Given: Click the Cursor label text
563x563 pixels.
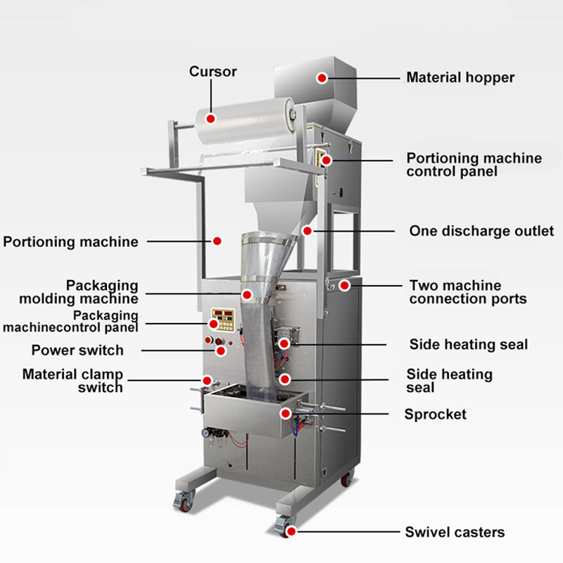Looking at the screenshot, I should (x=213, y=72).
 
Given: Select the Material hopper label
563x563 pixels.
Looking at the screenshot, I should (x=460, y=77).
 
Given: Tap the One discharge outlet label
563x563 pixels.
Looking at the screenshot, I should (x=481, y=231).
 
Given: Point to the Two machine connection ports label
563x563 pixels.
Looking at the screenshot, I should (x=467, y=292).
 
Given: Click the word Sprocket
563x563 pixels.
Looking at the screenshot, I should (x=435, y=414).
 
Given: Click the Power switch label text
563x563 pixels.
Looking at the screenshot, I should (x=77, y=350).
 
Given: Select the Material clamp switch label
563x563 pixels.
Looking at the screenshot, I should (x=72, y=380).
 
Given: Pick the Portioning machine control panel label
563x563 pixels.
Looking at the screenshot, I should (x=474, y=165).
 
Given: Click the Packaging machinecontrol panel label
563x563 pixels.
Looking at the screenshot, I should (x=70, y=321).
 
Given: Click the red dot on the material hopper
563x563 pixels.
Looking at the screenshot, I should (x=322, y=77).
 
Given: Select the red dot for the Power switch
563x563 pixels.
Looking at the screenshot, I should (x=220, y=350).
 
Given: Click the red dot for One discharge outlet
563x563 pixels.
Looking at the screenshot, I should (x=307, y=230).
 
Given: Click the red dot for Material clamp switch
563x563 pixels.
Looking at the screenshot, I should (x=207, y=380).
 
